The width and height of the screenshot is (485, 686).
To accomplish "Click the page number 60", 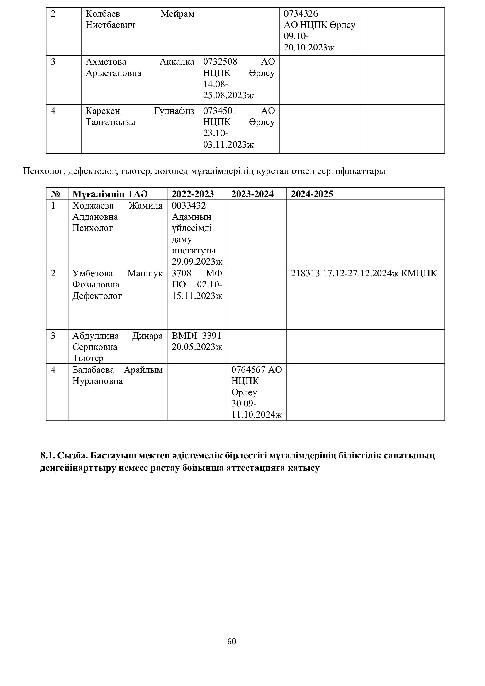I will point(231,641).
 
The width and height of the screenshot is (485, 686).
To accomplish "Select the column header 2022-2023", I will point(193,194).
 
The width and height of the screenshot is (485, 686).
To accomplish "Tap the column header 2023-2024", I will point(252,194).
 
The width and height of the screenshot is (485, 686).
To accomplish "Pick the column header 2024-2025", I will point(312,194).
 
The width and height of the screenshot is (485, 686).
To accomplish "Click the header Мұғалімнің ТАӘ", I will point(110,194).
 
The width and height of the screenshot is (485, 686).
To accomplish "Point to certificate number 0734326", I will point(301,14).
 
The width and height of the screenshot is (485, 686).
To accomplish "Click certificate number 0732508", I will point(220,62).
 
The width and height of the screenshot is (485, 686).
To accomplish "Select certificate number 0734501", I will point(220,111).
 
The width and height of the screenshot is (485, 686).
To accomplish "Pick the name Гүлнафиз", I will point(174,111).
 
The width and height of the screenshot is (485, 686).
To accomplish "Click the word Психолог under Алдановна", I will point(93,228).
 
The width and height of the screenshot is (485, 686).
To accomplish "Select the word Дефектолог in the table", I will point(97,296).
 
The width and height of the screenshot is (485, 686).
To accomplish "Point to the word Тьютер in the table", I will point(88,358).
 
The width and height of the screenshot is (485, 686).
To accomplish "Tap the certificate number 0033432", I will point(189,205).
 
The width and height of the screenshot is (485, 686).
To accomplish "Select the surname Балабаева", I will point(93,370).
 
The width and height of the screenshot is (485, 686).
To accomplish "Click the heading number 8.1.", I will point(47,455).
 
